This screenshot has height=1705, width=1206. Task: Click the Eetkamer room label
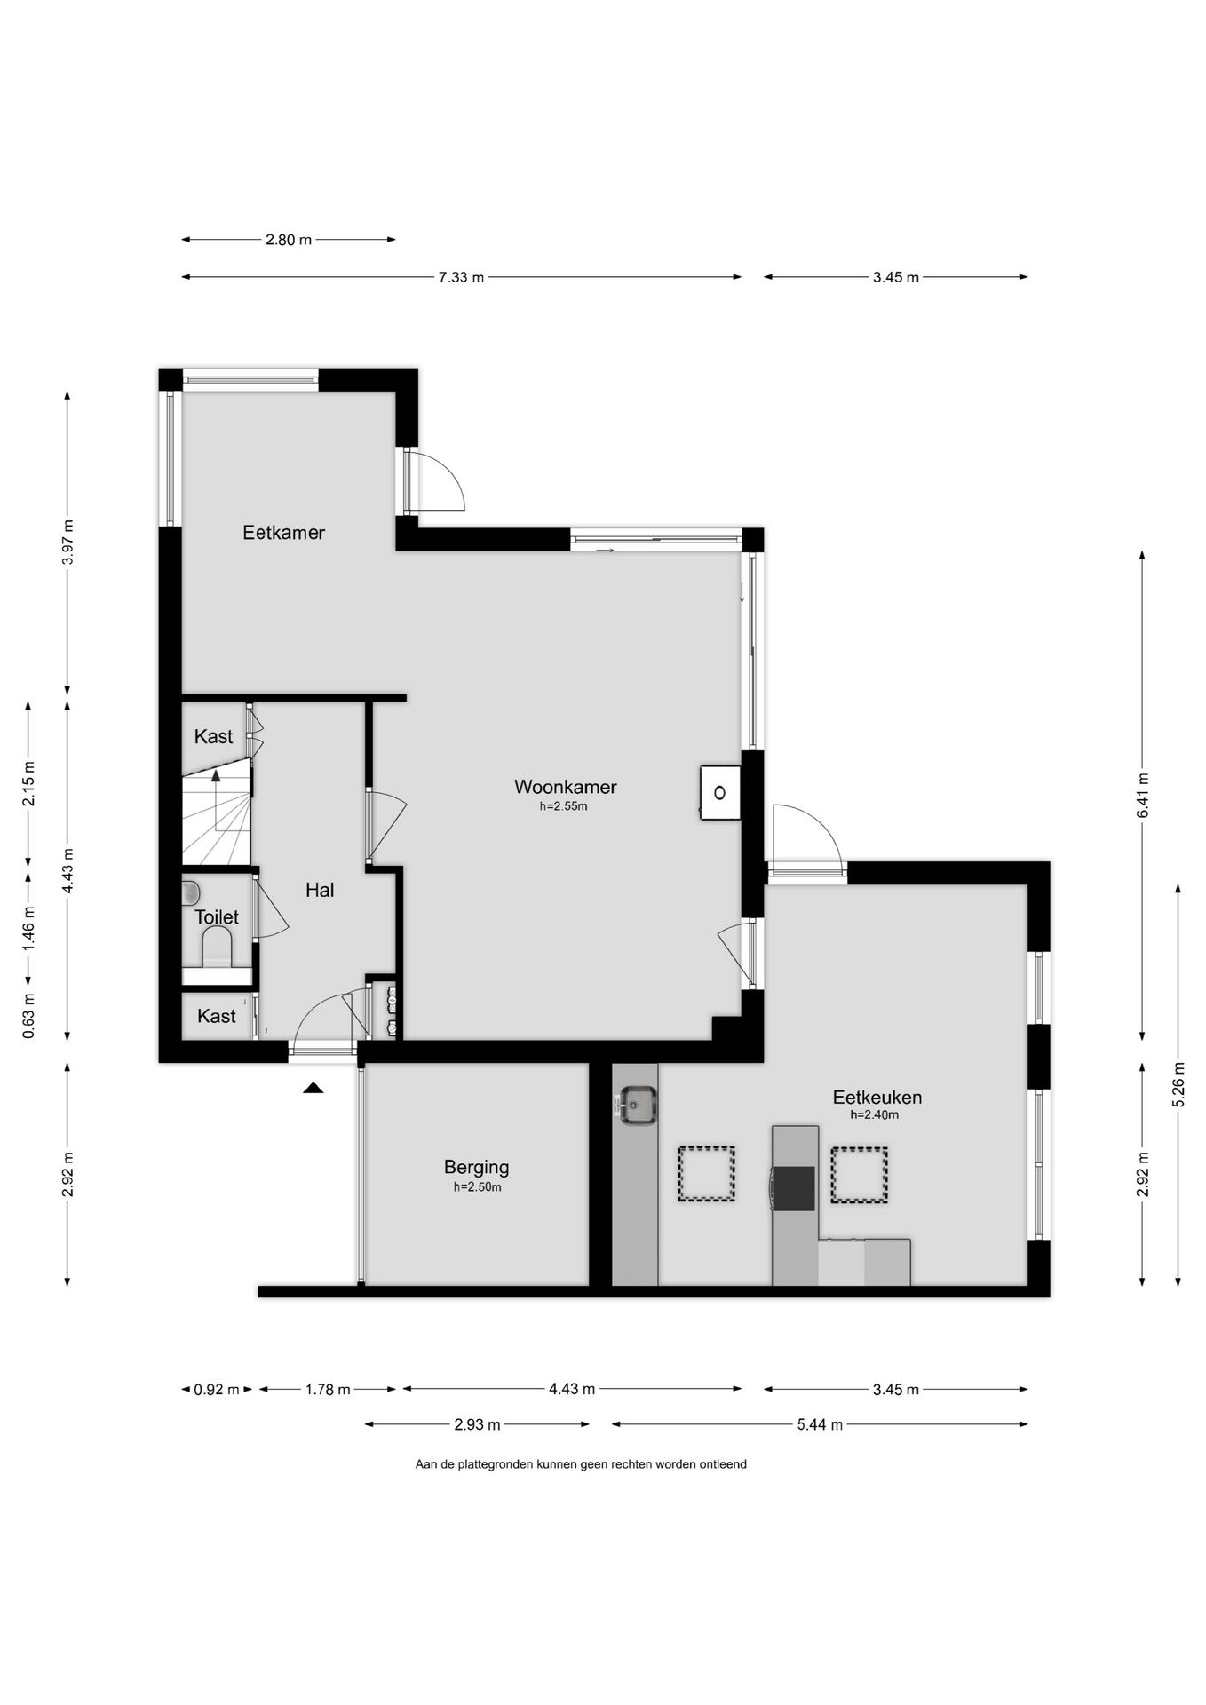click(x=284, y=533)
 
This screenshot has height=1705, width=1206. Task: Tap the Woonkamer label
click(x=565, y=787)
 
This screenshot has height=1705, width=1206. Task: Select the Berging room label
click(x=477, y=1167)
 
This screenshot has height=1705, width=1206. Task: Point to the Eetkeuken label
click(x=877, y=1098)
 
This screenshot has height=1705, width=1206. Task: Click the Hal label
click(x=320, y=890)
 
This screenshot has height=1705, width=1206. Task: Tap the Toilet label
click(x=217, y=917)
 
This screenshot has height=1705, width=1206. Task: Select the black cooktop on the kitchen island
click(x=794, y=1188)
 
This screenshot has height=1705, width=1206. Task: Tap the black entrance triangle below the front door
click(x=313, y=1087)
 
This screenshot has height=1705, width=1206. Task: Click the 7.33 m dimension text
click(x=461, y=277)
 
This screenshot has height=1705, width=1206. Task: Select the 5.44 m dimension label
click(x=820, y=1425)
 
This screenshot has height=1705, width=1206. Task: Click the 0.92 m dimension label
click(x=217, y=1390)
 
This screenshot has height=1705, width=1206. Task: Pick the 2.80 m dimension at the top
click(x=289, y=240)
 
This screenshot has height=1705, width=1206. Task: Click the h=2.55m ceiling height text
click(x=564, y=807)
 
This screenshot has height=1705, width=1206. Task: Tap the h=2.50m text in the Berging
click(x=477, y=1187)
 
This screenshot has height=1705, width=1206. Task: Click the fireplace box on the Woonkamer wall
click(x=719, y=792)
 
